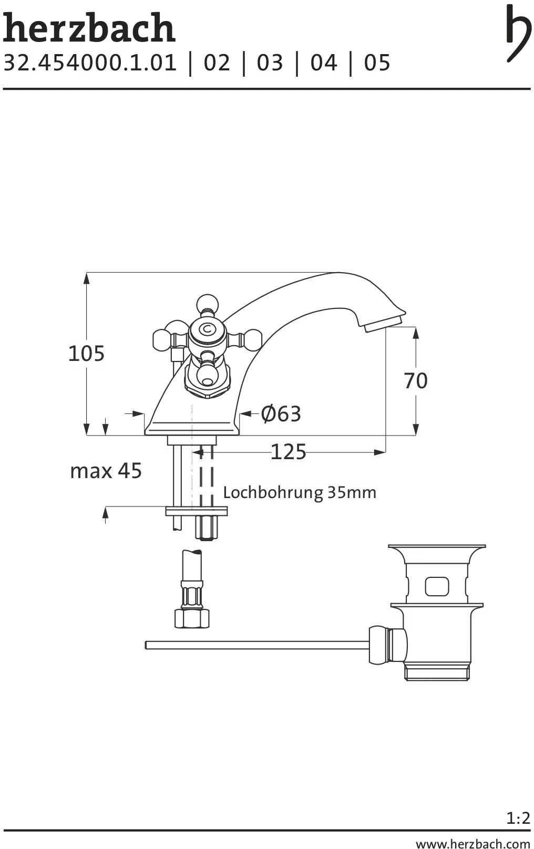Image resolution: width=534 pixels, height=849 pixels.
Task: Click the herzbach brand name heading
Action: [x=89, y=28]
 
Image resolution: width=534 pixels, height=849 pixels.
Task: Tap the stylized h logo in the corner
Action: [x=518, y=33]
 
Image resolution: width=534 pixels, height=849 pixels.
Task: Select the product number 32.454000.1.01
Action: [x=90, y=63]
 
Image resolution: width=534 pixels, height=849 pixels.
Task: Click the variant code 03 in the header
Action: [x=270, y=63]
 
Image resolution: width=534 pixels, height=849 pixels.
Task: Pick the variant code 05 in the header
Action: [x=377, y=63]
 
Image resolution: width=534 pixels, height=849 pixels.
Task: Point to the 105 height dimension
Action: [x=86, y=353]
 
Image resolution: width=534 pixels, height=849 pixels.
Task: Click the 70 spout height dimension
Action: [x=416, y=380]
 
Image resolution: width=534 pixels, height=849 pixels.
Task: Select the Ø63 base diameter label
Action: [x=281, y=413]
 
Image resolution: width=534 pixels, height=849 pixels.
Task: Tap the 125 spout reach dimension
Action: [x=288, y=452]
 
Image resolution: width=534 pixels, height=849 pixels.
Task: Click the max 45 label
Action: [x=106, y=471]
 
